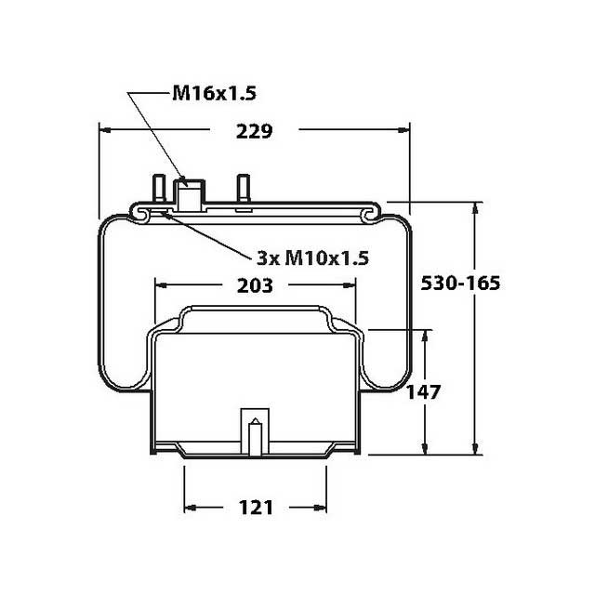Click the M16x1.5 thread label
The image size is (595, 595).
point(213,93)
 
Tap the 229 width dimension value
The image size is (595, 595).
point(253,131)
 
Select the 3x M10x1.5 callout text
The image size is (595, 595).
point(311,258)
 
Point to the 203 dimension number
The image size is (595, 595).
point(254,285)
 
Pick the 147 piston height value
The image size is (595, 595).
point(423,391)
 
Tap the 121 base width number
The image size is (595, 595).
point(256,507)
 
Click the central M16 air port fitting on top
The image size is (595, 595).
point(191,195)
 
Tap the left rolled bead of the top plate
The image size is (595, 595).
point(143,215)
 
